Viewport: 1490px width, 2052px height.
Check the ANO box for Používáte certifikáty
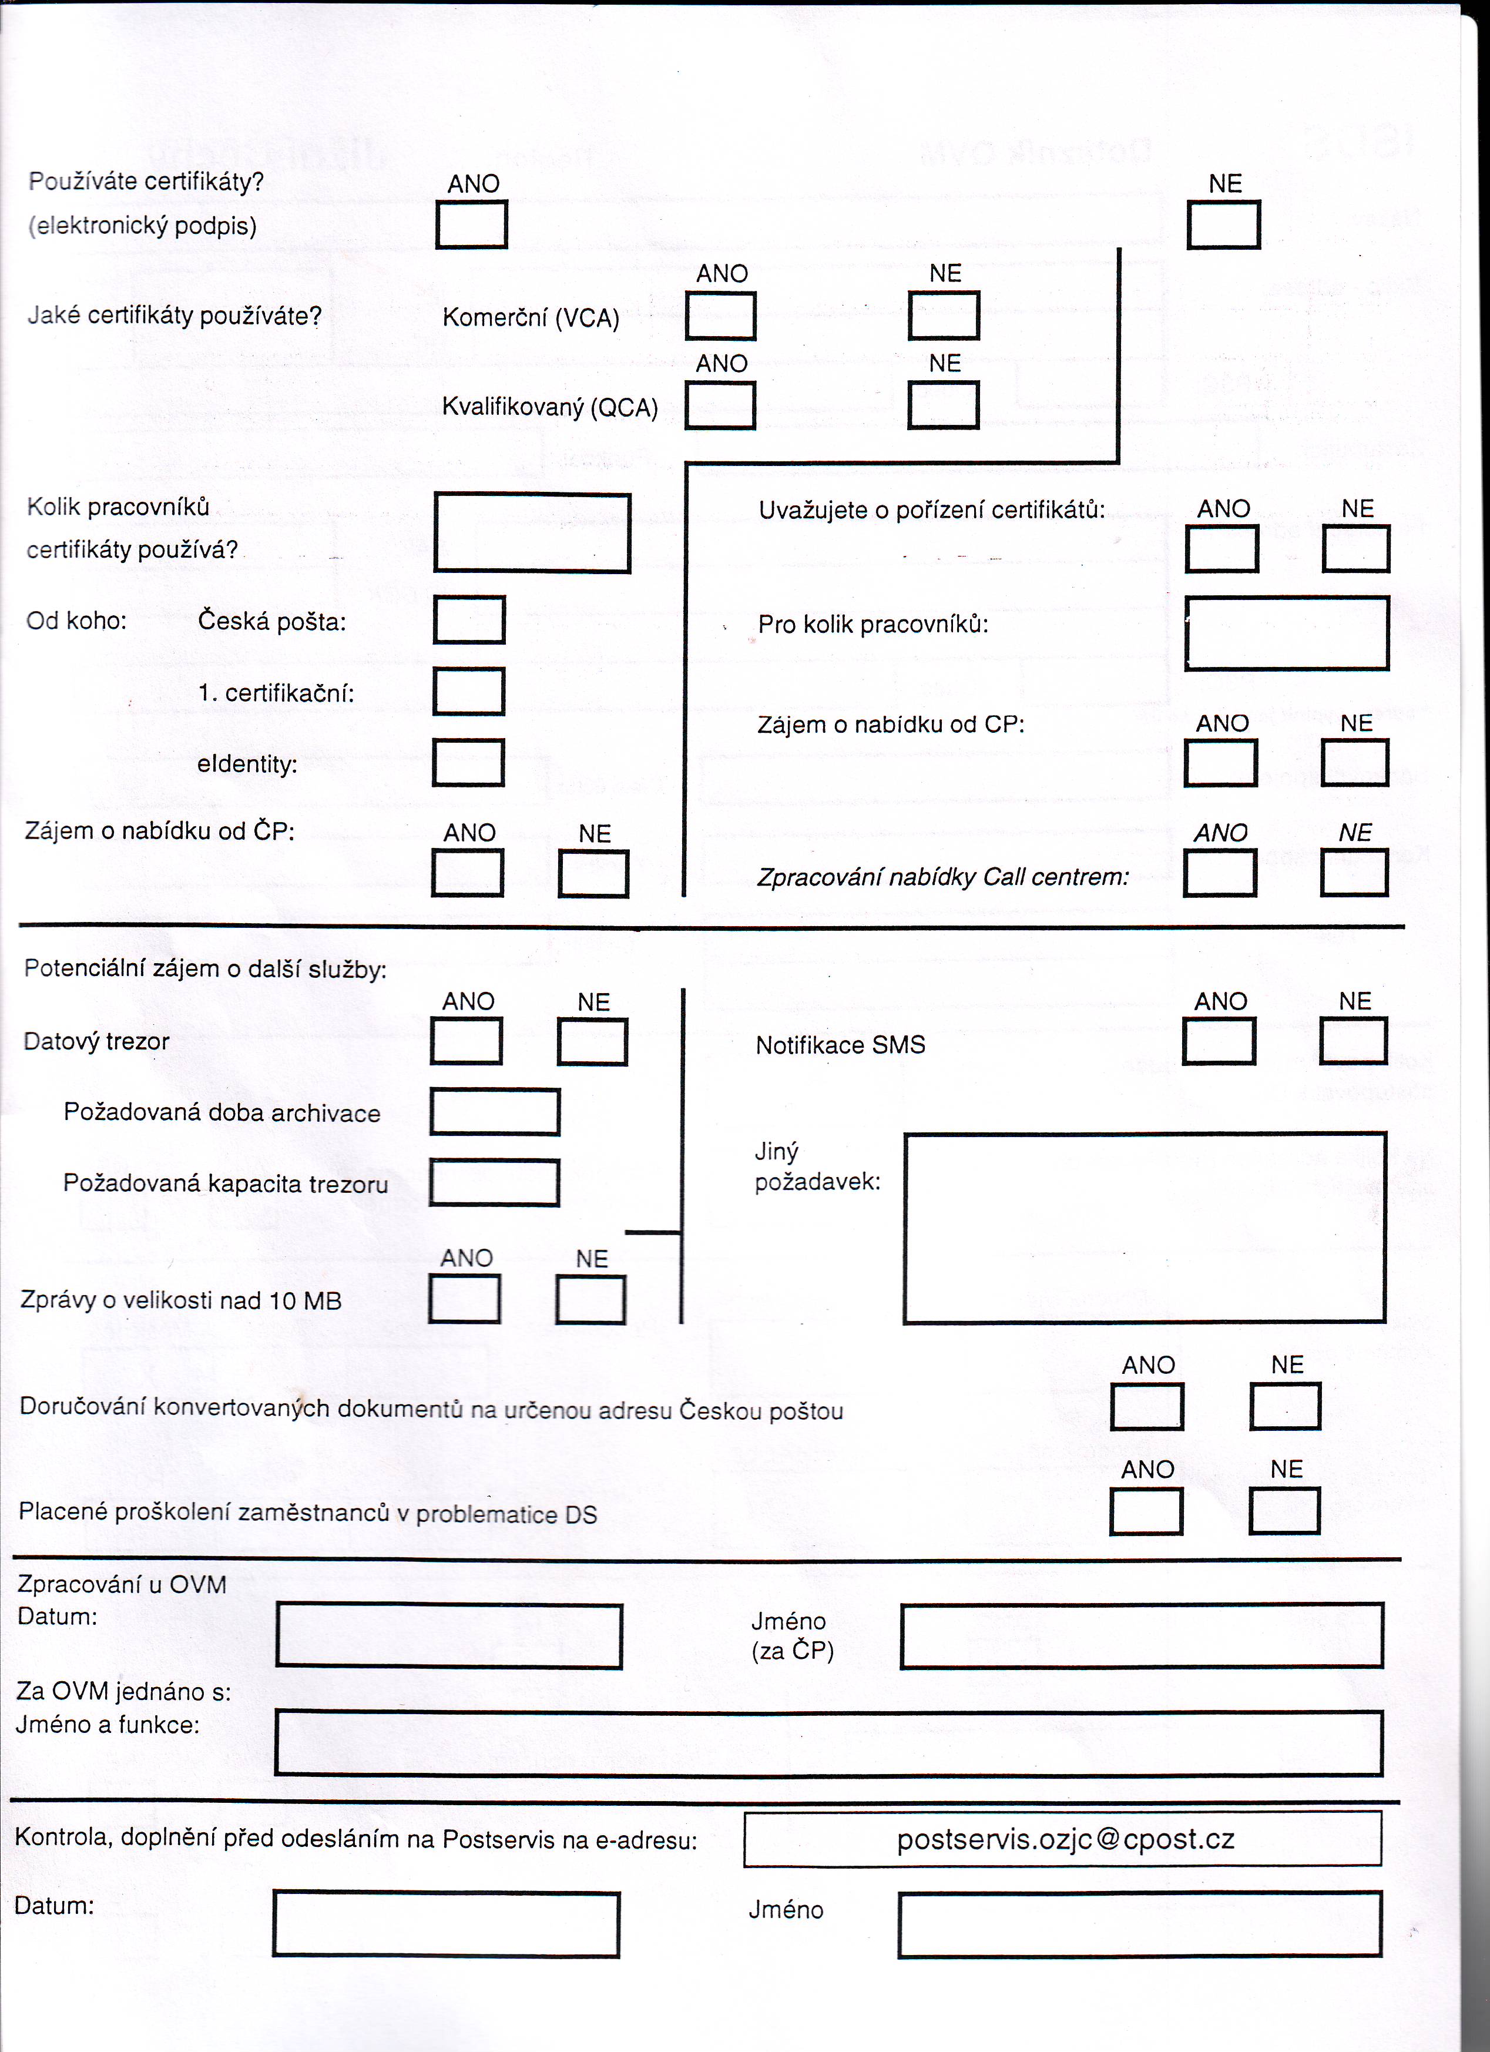[471, 224]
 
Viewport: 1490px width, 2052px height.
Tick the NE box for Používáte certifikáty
[1223, 224]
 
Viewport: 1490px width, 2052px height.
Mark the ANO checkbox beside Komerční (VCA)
[720, 316]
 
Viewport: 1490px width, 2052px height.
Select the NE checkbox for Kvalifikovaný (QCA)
[944, 404]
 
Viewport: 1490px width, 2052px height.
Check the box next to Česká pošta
[469, 620]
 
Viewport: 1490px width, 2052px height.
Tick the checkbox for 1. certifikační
[469, 691]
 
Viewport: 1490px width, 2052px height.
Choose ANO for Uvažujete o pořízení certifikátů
[1221, 548]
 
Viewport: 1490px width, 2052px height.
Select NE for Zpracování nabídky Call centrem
[1354, 873]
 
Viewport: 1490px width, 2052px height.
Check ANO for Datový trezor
[466, 1041]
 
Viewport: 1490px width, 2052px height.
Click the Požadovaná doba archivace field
[495, 1112]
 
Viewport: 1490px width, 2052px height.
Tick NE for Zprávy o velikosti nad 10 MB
[590, 1299]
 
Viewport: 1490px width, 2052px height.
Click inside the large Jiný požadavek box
[1145, 1227]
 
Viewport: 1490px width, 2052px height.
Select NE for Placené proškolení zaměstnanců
[1284, 1511]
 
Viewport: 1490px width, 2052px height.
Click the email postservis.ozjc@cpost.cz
[1066, 1839]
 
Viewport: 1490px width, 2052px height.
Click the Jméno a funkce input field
[828, 1742]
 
